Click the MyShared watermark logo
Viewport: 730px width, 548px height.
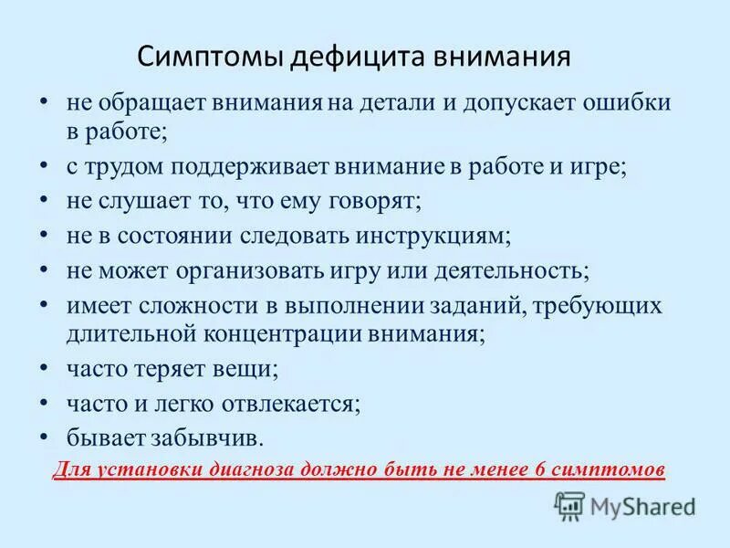coord(625,505)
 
